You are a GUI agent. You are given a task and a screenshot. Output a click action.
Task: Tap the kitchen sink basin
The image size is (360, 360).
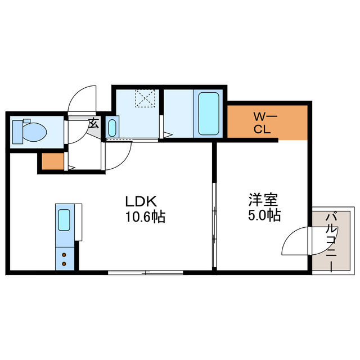click(x=64, y=219)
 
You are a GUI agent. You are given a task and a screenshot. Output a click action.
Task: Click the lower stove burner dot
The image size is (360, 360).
click(x=64, y=263)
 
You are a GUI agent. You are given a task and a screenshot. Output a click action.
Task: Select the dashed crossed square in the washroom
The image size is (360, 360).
click(x=146, y=98)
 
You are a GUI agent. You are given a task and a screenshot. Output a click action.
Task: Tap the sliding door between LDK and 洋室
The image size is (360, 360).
click(x=214, y=225)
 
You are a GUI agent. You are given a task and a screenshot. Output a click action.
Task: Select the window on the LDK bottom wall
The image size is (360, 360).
click(x=145, y=272)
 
